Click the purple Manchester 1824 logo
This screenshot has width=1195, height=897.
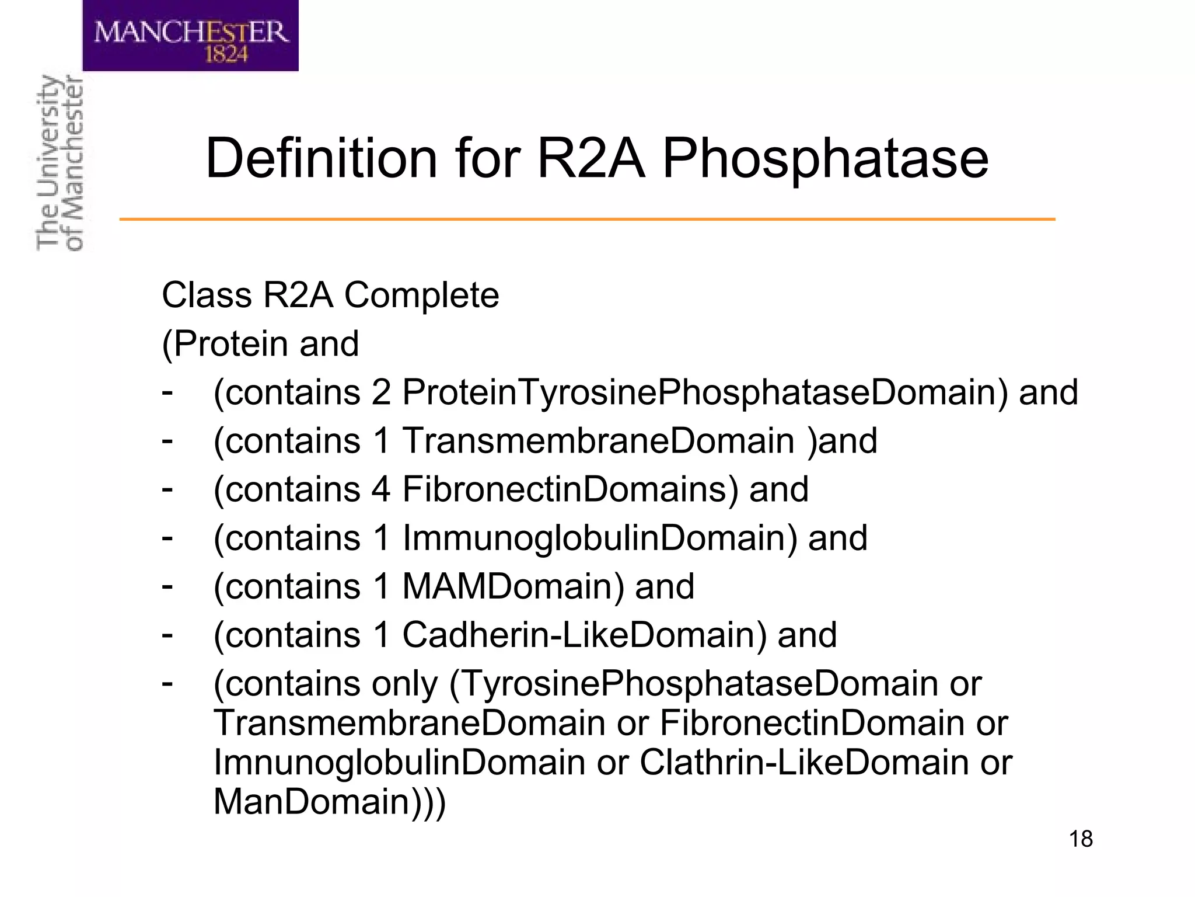click(190, 36)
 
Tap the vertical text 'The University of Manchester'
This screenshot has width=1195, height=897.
click(60, 164)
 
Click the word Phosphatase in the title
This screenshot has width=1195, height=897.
click(825, 159)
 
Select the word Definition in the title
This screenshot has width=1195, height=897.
click(322, 159)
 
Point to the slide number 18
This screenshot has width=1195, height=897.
click(1081, 839)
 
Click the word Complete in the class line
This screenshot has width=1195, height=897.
click(421, 295)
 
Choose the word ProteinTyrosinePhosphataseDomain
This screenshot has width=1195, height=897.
click(705, 392)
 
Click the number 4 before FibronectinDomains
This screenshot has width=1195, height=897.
click(380, 489)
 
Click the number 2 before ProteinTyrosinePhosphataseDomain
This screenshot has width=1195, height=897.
click(380, 392)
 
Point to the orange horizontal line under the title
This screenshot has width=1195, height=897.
click(587, 219)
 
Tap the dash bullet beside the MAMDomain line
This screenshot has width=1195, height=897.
click(167, 585)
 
